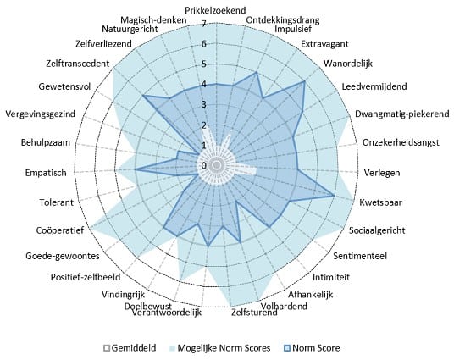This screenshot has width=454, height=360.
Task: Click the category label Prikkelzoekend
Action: (x=215, y=10)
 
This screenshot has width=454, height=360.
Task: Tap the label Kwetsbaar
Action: (x=380, y=202)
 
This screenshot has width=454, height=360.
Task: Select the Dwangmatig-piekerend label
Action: (x=402, y=114)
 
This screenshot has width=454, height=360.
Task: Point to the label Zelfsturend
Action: (x=254, y=313)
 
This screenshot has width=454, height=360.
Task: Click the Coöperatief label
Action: (x=60, y=230)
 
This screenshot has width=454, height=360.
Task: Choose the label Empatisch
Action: (x=46, y=173)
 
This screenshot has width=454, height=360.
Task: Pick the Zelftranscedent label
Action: (x=78, y=64)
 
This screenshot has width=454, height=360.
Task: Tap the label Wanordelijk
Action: (x=348, y=64)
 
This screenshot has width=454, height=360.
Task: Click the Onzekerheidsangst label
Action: (x=401, y=142)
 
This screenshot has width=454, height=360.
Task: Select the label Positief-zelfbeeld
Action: (x=86, y=277)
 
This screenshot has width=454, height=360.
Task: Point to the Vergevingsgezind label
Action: (x=41, y=114)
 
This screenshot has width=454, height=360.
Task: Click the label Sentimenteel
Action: (x=360, y=256)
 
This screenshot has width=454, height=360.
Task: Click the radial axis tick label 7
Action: (x=204, y=24)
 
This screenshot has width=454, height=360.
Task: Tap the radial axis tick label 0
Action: (x=204, y=166)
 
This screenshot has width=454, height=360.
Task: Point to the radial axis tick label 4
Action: (x=204, y=85)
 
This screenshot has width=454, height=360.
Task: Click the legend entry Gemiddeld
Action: (x=130, y=348)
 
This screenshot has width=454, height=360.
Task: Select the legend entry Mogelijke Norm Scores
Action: (x=219, y=348)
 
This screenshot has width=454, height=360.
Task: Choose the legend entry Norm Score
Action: (x=312, y=348)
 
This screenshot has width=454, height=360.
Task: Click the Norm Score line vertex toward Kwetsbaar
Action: (x=334, y=196)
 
